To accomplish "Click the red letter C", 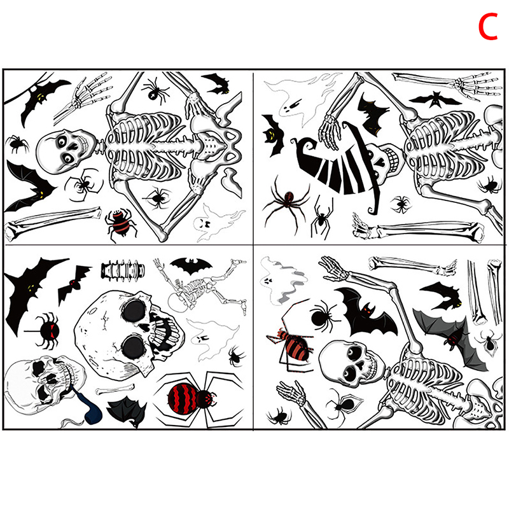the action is pyautogui.click(x=488, y=26).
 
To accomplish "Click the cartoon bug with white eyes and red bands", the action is pyautogui.click(x=121, y=224).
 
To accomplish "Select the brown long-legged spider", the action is pyautogui.click(x=286, y=201).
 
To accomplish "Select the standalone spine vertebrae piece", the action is pyautogui.click(x=122, y=270).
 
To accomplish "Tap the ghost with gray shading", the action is pyautogui.click(x=282, y=280).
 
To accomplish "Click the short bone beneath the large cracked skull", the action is pyautogui.click(x=115, y=389).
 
